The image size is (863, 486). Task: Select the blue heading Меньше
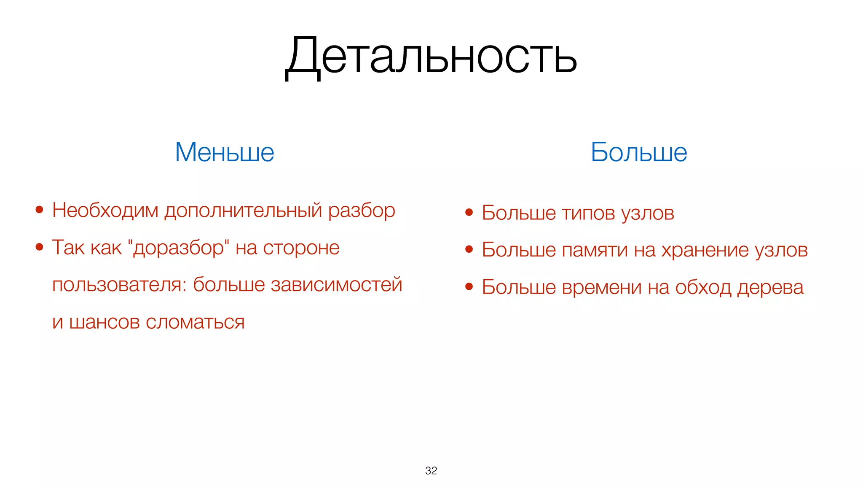(225, 152)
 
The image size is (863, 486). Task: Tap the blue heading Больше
(638, 152)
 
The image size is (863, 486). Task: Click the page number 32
(431, 470)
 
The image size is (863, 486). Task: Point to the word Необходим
(105, 210)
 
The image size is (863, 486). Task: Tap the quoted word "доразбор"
(178, 248)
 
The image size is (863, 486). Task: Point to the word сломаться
(195, 322)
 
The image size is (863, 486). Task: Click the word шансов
(104, 322)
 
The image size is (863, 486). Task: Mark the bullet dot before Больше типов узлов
(469, 212)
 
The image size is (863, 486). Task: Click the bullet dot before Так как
(40, 247)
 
